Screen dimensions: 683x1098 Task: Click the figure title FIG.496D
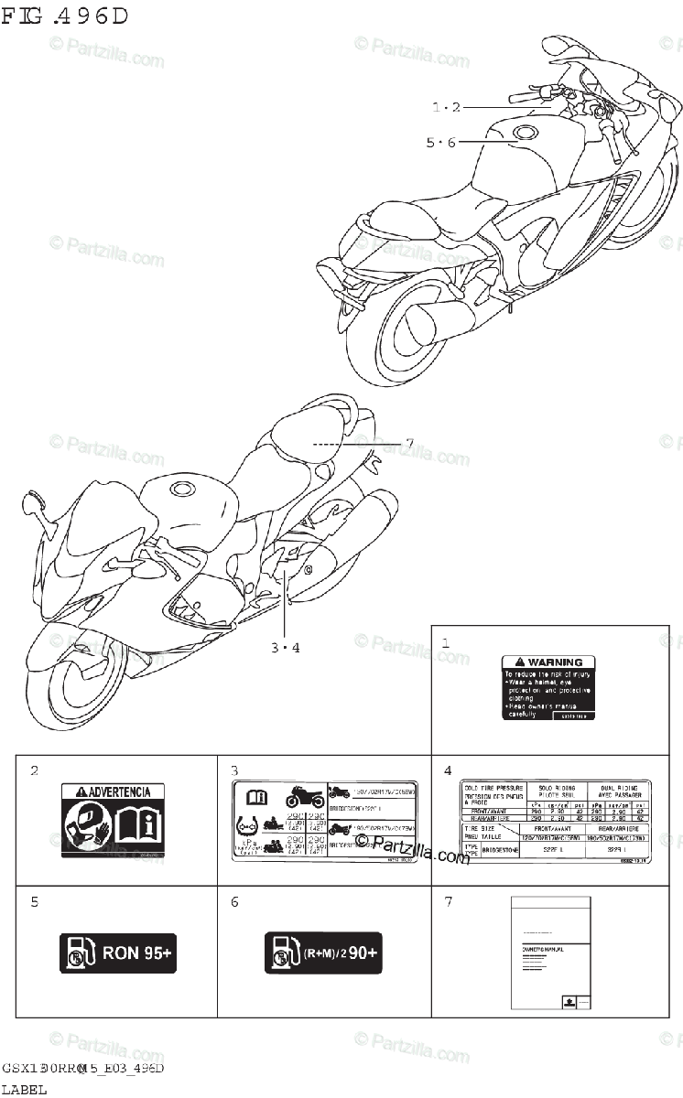[66, 16]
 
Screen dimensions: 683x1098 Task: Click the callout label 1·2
[446, 107]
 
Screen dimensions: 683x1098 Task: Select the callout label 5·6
[439, 142]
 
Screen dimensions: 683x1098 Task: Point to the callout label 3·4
[285, 648]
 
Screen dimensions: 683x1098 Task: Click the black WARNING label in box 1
[547, 687]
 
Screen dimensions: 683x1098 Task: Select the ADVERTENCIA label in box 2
[114, 820]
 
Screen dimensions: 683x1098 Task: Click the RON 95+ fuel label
[116, 953]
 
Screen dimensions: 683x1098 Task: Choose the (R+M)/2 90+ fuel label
[323, 953]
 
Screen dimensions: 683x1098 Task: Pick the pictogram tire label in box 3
[324, 821]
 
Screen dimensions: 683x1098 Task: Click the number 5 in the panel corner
[35, 902]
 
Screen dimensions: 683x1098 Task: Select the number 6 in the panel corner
[234, 902]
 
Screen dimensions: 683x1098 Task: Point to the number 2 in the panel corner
[35, 770]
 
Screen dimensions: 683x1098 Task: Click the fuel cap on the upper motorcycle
[528, 134]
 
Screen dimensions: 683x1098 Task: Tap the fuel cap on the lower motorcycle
[179, 489]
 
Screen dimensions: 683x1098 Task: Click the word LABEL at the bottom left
[24, 1089]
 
